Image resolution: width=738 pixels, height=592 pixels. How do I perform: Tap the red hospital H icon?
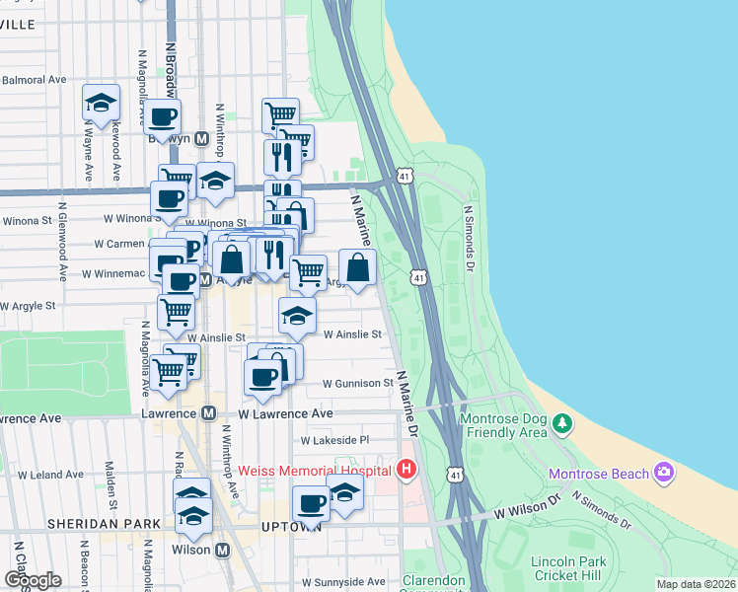pos(406,470)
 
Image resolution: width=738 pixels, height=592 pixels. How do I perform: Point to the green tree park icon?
pos(562,423)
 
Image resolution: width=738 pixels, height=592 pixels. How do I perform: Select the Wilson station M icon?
pos(222,550)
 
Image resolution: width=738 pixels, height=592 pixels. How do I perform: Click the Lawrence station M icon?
pos(208,414)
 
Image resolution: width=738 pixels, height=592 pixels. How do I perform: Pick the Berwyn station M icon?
pos(200,139)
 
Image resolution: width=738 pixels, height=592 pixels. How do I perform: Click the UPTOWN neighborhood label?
pos(287,528)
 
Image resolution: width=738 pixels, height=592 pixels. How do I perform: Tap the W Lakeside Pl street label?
pos(334,440)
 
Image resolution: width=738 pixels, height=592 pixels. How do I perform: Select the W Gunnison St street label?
pos(357,383)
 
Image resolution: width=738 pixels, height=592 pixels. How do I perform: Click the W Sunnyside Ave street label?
pos(343,582)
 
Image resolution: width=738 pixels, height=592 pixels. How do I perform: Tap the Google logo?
pos(33,579)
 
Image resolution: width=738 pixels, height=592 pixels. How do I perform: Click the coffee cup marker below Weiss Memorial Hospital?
pos(312,504)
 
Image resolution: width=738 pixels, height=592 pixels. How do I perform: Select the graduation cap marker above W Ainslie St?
pos(296,317)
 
